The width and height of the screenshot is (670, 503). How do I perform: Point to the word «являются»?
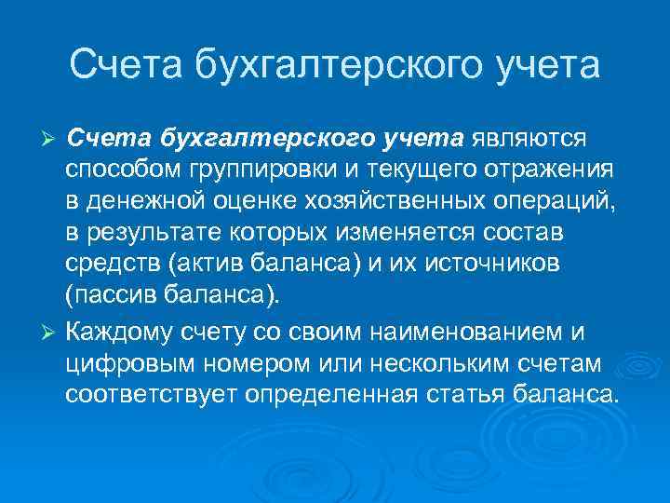(528, 140)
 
